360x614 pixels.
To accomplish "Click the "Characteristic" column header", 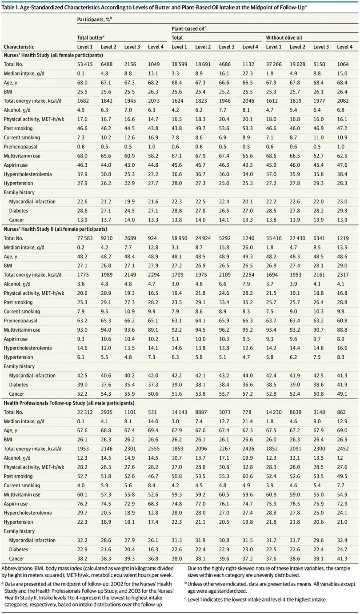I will (19, 47).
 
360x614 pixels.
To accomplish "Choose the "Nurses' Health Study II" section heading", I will (56, 229).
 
